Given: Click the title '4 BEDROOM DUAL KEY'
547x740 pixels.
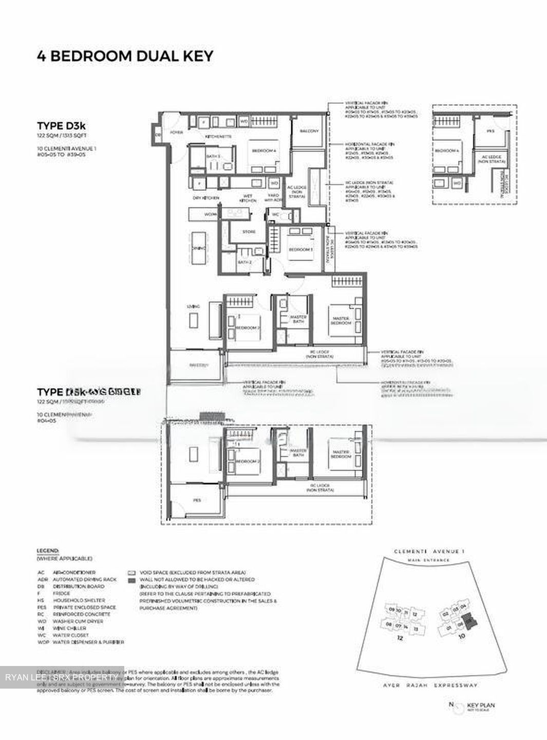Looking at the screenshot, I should (125, 56).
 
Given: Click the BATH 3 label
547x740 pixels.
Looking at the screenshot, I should (199, 156).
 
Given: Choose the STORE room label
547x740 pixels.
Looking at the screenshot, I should (249, 232).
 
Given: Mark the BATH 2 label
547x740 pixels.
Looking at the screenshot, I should (244, 262).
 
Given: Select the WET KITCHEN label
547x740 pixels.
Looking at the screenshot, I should (247, 198).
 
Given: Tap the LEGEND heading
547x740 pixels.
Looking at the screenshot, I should (48, 550).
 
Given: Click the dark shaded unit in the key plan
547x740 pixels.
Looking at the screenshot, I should (469, 620).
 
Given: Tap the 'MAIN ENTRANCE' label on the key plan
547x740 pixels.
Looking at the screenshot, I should (428, 560).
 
